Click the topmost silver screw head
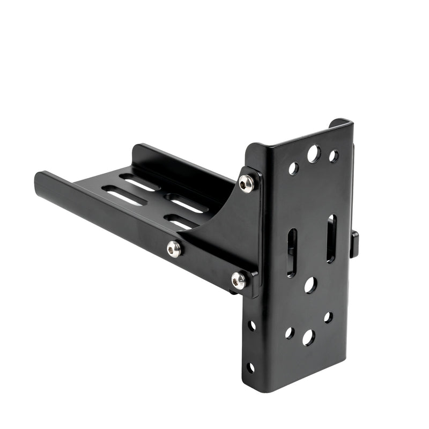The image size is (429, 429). point(246,184)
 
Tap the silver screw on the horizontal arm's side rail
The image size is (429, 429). point(174,248)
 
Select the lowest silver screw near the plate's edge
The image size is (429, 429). point(239,279)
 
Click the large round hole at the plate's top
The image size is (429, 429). point(314,154)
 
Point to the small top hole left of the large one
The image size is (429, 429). point(293,168)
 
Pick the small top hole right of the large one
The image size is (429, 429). point(334,156)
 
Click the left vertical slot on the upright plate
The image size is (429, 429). point(292,253)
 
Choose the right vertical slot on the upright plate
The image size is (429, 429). point(331,239)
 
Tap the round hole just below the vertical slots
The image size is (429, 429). point(310,285)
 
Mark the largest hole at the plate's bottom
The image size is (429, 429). point(308,337)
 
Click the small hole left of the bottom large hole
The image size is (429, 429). point(290,332)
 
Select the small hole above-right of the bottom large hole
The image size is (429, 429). point(328,317)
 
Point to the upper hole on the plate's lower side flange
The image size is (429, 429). point(252,326)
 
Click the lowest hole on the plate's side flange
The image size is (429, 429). point(250,367)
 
